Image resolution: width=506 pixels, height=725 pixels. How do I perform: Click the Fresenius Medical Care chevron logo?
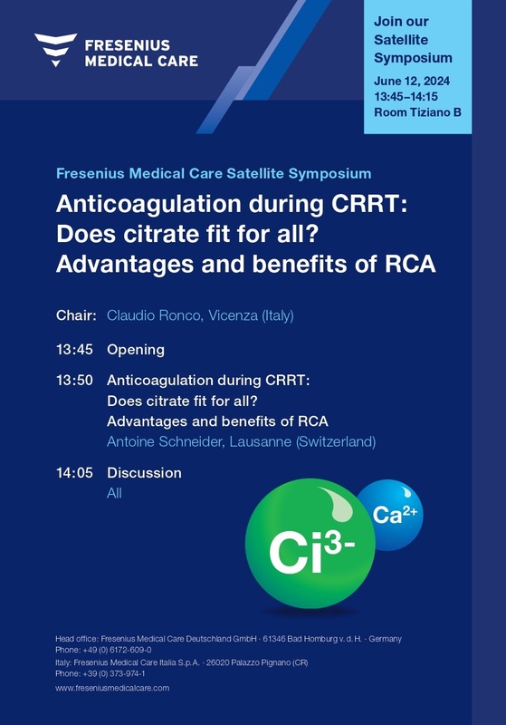tap(56, 50)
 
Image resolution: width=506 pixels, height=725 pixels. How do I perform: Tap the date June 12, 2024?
tap(412, 81)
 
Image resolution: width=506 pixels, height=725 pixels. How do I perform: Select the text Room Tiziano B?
tap(417, 112)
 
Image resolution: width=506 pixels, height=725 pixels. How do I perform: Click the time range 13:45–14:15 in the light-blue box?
tap(406, 97)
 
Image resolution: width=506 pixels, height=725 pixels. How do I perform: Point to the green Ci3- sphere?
tap(310, 543)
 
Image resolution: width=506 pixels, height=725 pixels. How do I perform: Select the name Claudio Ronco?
tap(154, 315)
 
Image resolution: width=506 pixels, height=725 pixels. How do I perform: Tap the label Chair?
tap(76, 315)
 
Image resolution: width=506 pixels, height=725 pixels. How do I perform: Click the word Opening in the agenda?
tap(136, 350)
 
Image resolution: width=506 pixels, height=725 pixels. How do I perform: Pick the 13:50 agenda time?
tap(74, 381)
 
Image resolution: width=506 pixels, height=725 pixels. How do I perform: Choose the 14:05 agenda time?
tap(74, 473)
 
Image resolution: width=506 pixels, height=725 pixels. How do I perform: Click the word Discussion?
tap(144, 473)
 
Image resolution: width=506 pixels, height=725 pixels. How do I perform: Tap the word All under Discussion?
tap(114, 493)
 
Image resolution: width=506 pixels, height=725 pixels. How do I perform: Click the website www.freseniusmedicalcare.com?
tap(112, 688)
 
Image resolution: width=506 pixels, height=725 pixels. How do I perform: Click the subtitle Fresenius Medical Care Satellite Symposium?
tap(214, 174)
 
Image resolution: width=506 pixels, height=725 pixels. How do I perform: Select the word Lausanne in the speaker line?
tap(261, 441)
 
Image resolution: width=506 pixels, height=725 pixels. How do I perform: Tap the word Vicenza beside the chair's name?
tap(233, 315)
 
